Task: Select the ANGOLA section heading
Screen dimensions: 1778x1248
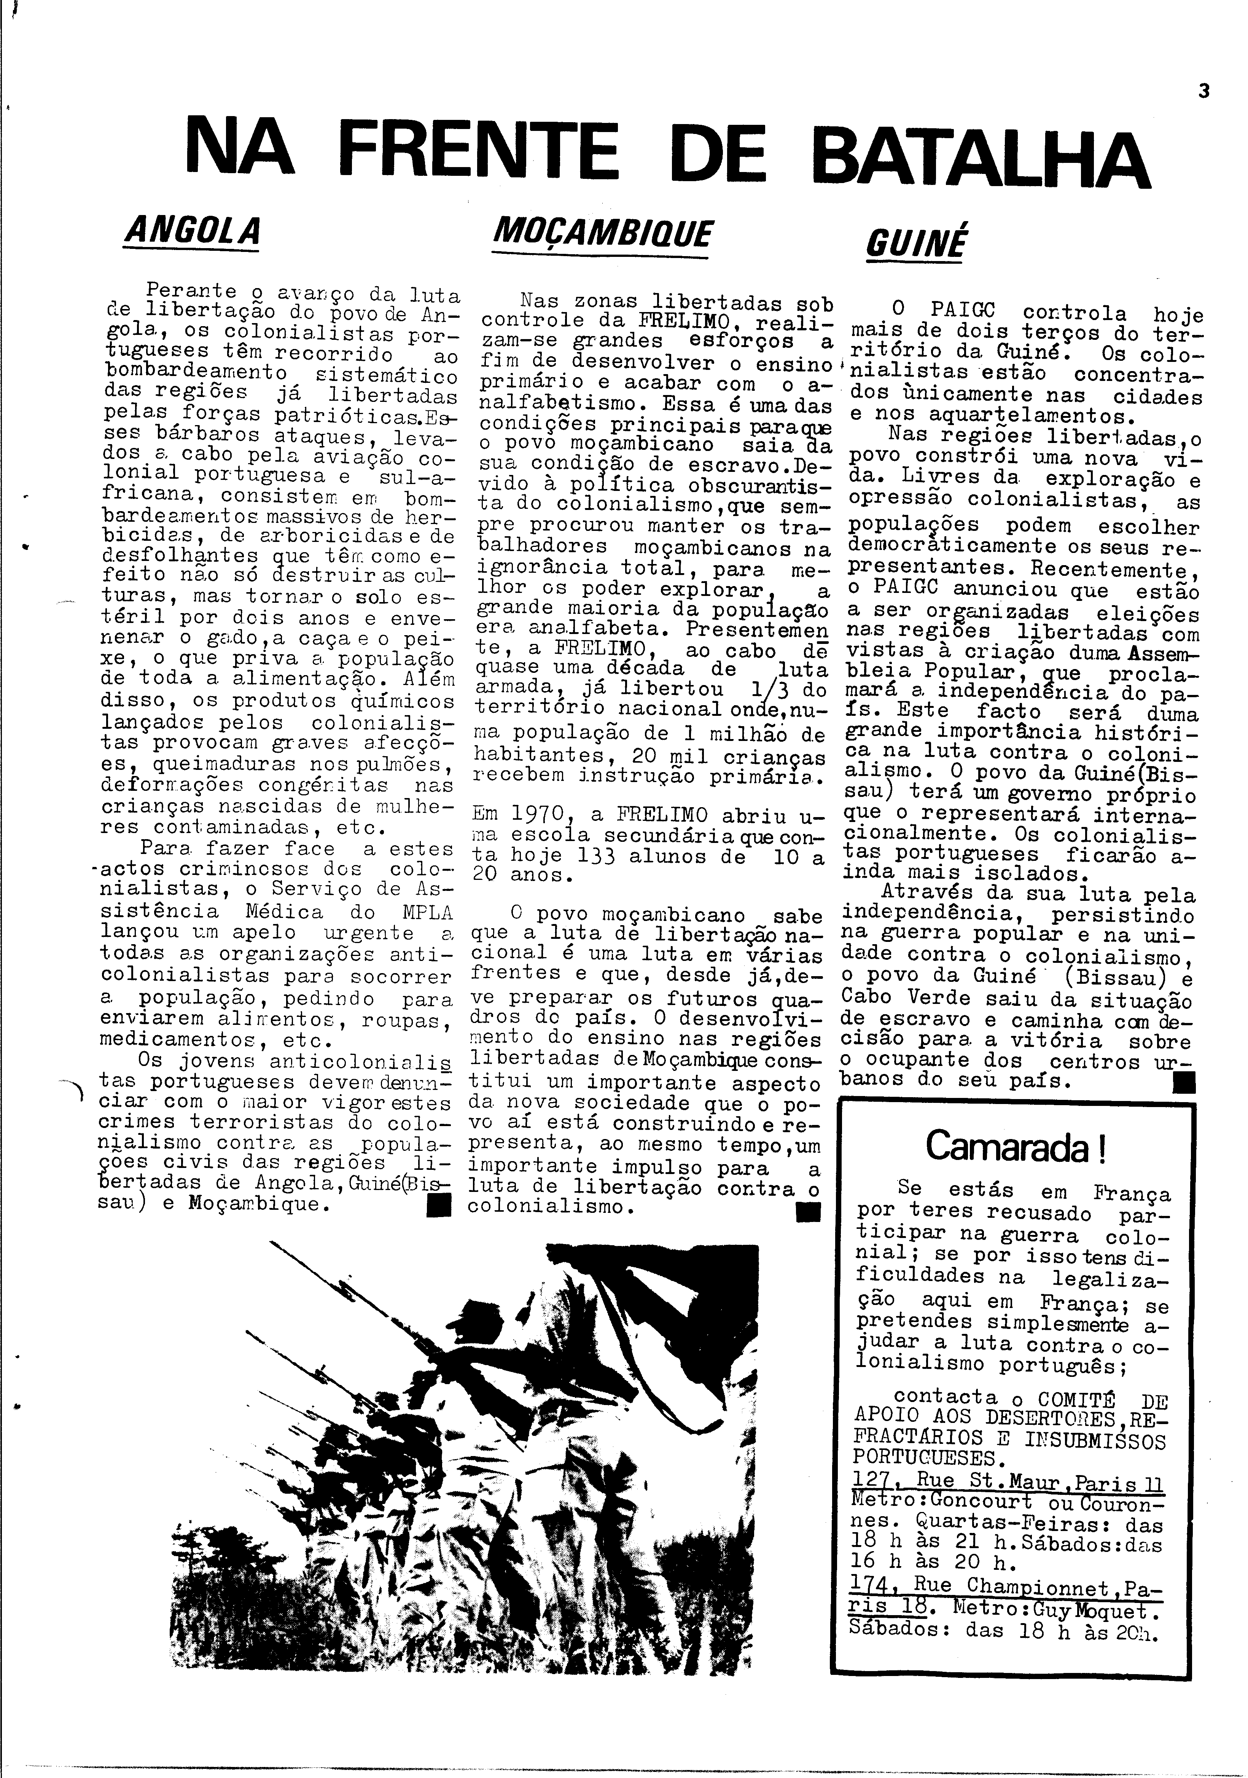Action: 191,230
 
